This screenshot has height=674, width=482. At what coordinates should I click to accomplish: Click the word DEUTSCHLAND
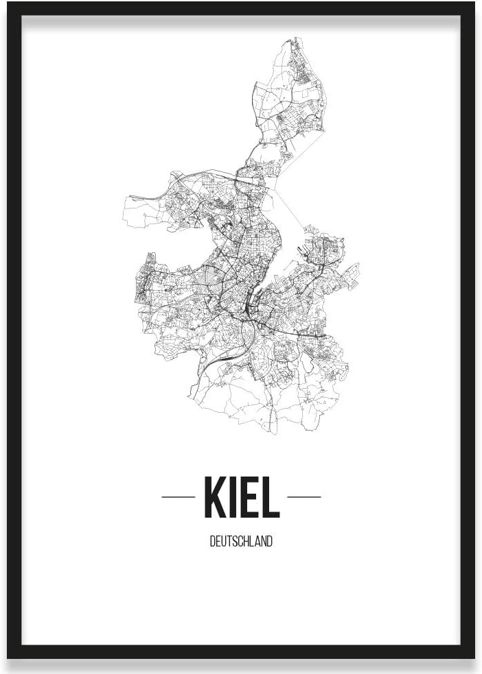click(241, 541)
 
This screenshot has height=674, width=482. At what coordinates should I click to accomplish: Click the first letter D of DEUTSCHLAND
click(212, 541)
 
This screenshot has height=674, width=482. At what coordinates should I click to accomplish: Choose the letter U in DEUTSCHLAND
click(223, 541)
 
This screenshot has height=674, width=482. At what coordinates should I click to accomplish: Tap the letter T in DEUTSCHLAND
click(229, 541)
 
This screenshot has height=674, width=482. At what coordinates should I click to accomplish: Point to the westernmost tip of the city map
click(123, 206)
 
